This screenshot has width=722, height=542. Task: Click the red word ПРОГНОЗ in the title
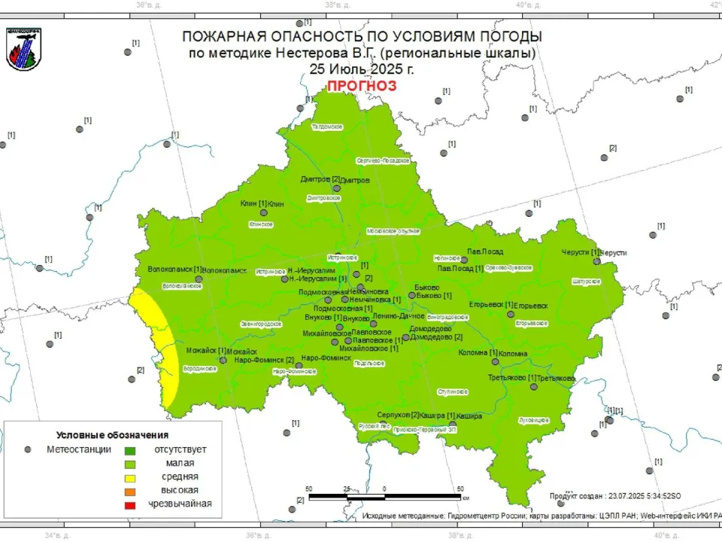361,86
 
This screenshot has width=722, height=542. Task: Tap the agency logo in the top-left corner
24,49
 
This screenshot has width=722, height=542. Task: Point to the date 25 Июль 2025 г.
361,69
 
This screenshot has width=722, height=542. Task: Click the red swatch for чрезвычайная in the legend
129,504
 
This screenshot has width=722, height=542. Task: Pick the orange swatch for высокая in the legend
129,491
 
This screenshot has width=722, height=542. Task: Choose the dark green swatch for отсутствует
129,450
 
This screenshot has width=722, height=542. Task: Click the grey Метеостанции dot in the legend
28,449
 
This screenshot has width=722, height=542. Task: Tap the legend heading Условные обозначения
112,435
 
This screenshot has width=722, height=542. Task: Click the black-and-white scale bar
384,497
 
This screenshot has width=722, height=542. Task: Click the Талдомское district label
327,127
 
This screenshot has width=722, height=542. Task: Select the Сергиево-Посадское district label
382,160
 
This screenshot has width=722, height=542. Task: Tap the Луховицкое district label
533,419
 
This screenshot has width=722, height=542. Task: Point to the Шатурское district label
586,282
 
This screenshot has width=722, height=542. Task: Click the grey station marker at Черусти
596,261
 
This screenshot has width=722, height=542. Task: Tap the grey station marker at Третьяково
533,387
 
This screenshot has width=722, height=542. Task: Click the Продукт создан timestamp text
614,497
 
